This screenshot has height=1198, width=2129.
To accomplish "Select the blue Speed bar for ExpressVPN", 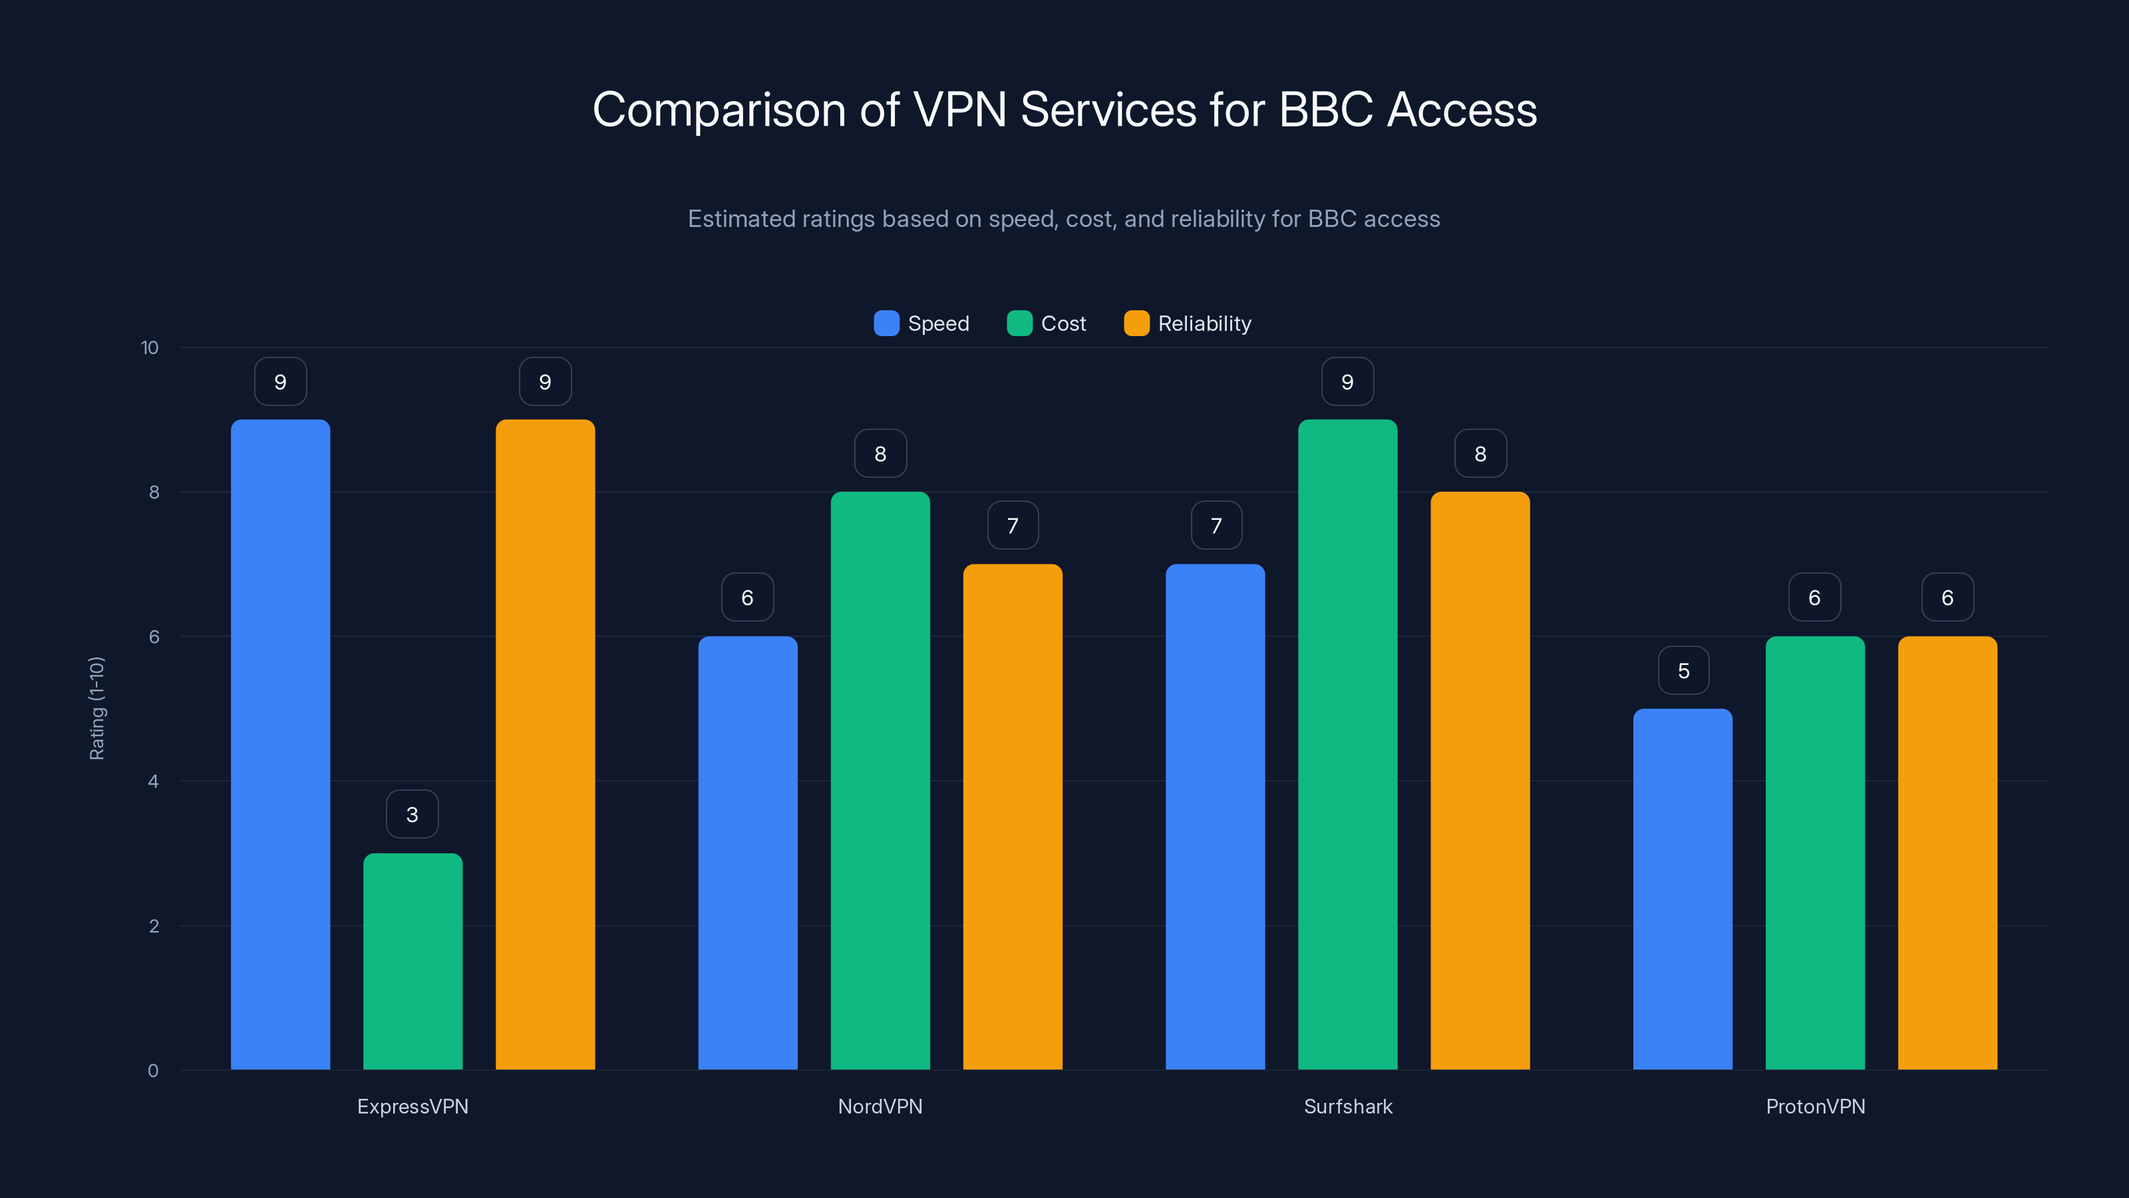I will point(280,744).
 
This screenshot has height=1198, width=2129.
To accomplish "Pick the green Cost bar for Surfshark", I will point(1347,744).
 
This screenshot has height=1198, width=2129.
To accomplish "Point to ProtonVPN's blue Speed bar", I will point(1682,889).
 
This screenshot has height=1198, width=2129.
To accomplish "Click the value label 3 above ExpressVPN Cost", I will point(412,815).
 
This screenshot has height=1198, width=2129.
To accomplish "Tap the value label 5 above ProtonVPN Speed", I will point(1683,670).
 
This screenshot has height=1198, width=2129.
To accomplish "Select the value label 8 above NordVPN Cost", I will point(880,453).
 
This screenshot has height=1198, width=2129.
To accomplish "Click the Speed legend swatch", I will point(886,323).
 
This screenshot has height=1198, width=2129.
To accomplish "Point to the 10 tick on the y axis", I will point(150,347).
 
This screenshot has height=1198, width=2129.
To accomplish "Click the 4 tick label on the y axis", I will point(153,781).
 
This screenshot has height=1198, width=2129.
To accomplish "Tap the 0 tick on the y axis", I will point(153,1071).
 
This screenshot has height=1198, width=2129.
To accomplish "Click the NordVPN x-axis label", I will point(880,1106).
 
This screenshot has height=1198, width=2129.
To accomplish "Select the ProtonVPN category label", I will point(1815,1106).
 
